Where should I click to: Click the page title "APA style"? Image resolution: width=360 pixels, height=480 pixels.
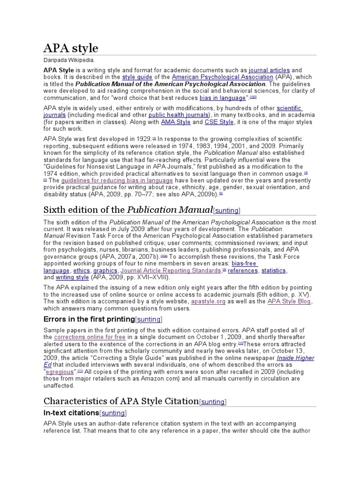(71, 48)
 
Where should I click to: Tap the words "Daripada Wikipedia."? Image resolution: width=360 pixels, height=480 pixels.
(69, 60)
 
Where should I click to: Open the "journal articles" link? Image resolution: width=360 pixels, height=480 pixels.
(269, 70)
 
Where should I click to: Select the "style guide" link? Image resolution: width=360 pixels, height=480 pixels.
(135, 77)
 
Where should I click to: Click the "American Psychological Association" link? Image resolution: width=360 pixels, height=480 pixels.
(222, 77)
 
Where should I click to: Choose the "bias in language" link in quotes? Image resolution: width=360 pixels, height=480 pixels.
(223, 98)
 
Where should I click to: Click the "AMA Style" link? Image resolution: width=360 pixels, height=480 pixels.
(176, 122)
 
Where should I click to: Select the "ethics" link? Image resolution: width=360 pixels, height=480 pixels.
(81, 270)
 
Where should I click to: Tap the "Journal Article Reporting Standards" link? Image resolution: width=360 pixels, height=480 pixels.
(171, 270)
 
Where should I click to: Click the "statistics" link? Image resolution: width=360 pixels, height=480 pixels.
(274, 270)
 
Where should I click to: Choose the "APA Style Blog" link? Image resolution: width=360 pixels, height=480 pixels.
(289, 302)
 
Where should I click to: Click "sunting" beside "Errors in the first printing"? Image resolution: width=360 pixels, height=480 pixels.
(149, 320)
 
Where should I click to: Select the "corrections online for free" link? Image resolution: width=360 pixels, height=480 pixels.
(89, 337)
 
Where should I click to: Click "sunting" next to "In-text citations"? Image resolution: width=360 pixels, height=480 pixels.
(113, 413)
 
